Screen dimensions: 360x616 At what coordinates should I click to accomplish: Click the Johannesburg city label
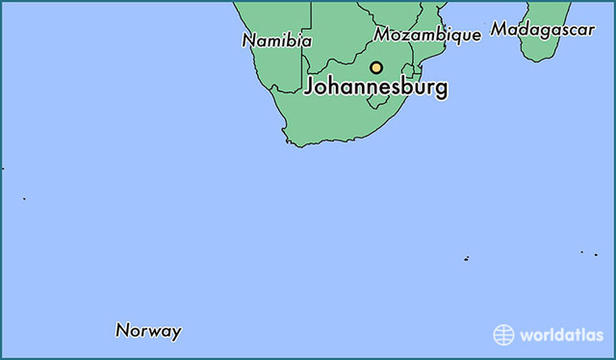click(375, 88)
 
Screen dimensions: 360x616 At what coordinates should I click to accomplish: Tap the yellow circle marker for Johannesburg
click(376, 67)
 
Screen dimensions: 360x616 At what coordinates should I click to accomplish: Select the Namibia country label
click(277, 41)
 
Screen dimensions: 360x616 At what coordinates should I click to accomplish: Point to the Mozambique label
click(427, 35)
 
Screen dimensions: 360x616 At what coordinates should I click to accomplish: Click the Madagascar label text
click(542, 30)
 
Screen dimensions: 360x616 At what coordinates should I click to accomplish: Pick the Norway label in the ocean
click(148, 331)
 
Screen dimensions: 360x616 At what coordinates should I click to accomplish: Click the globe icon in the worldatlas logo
click(504, 334)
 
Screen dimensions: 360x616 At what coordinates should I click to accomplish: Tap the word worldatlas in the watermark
click(563, 335)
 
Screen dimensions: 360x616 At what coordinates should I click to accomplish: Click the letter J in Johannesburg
click(310, 88)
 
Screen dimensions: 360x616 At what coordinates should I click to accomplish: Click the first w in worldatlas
click(526, 335)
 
